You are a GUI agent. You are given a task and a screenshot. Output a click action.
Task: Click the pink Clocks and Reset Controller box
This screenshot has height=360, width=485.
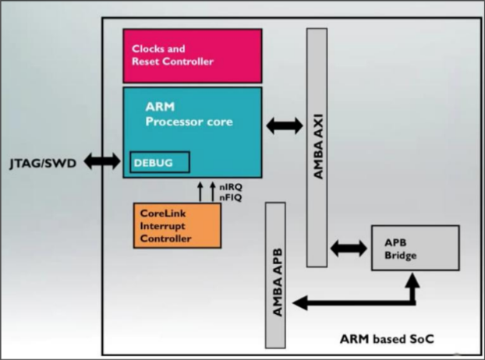192,55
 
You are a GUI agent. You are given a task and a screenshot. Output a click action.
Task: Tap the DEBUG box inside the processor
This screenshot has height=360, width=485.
159,162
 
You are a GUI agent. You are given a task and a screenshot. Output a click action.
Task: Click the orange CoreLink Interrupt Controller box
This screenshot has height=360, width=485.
177,226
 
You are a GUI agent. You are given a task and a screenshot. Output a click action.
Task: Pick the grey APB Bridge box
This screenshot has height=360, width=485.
414,248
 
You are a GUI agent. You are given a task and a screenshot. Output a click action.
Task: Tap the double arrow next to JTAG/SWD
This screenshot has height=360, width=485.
101,161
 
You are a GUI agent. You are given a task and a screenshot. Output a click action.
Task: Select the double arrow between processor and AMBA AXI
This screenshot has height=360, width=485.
285,124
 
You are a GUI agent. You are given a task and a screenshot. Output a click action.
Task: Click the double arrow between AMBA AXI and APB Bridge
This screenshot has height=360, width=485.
349,249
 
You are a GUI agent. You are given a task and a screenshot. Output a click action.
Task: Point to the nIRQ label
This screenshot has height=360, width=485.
231,188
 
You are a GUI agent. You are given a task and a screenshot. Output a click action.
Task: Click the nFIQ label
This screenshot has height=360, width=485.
231,198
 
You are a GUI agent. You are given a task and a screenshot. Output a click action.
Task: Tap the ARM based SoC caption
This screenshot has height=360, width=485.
387,339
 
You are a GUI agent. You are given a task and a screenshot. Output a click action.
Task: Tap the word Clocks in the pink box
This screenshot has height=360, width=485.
148,49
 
